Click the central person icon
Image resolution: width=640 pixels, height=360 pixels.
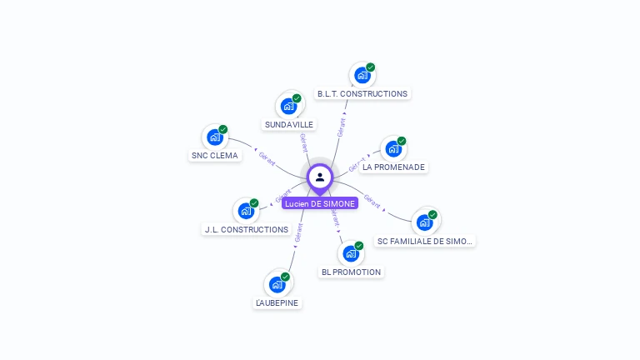[x=320, y=177]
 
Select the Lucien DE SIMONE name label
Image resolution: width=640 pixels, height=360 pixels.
[x=320, y=203]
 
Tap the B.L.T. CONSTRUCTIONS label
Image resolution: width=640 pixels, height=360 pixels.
[x=362, y=94]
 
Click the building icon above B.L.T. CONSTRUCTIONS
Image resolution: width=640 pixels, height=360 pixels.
[x=362, y=75]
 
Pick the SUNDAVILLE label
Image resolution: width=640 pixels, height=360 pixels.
[x=289, y=124]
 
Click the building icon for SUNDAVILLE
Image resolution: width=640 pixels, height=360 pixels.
[x=288, y=106]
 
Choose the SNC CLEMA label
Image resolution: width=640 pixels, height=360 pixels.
[x=215, y=155]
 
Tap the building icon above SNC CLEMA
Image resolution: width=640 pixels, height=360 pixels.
[x=215, y=137]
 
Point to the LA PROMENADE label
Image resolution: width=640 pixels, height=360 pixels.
[x=393, y=167]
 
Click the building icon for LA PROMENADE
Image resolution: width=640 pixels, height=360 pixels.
[x=392, y=149]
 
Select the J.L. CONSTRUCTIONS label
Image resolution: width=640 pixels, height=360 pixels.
[x=246, y=229]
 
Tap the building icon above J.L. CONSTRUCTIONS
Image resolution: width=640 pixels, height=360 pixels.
[x=246, y=211]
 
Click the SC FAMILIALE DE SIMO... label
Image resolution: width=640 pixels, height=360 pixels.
[x=425, y=241]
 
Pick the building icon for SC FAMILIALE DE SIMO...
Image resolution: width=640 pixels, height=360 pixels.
[x=424, y=222]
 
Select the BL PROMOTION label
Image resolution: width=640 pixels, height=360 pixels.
[x=351, y=272]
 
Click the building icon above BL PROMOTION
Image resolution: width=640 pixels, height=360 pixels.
[x=350, y=253]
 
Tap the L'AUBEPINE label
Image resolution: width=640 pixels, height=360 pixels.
[x=277, y=302]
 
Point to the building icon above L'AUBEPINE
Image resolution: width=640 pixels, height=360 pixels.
[x=277, y=284]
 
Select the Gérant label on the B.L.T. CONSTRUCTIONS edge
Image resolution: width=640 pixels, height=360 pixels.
[x=341, y=127]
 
